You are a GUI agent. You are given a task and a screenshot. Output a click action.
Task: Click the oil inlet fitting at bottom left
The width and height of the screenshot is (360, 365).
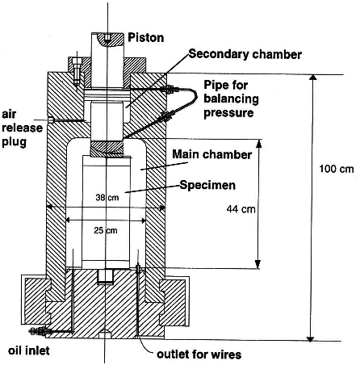(x=39, y=332)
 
